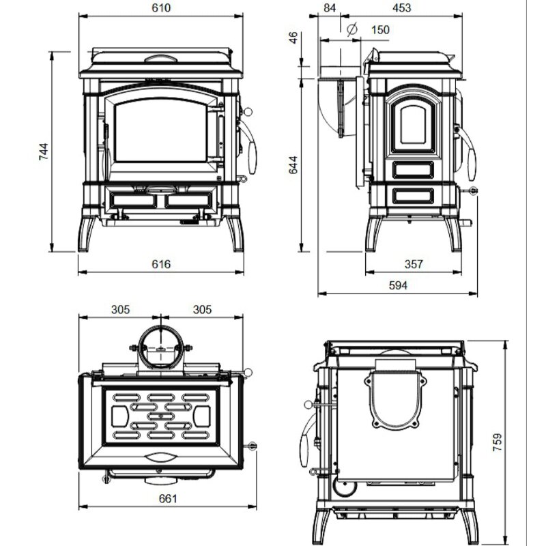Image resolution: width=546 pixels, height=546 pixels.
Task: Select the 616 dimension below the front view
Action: (161, 263)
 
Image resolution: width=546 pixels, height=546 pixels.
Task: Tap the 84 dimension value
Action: (330, 8)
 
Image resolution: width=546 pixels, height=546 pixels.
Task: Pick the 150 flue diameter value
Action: (380, 29)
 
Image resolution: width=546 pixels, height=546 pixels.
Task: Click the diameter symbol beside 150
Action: (351, 29)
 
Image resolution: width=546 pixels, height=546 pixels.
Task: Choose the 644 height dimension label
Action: (293, 167)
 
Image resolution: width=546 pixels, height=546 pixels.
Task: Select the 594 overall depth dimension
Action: (397, 285)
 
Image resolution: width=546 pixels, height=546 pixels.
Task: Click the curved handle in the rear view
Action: (305, 437)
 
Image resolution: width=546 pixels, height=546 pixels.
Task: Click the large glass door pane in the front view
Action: (161, 128)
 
